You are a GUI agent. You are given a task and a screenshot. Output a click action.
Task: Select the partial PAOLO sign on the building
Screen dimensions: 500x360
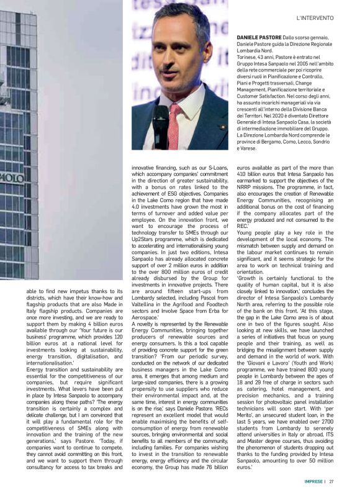click(x=11, y=178)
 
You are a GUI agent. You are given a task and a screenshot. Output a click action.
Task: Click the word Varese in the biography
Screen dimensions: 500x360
click(x=249, y=148)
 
